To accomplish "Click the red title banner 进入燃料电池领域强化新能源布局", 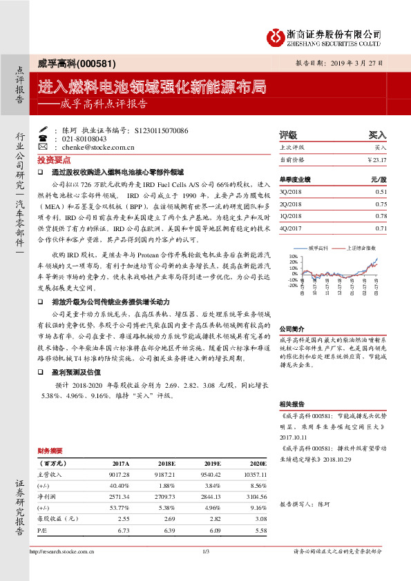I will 151,87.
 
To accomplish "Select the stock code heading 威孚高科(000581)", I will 68,63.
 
